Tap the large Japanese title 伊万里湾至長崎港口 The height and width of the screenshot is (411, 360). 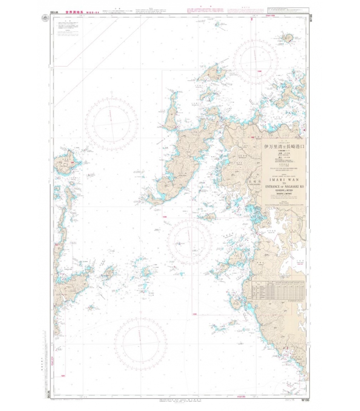click(x=284, y=146)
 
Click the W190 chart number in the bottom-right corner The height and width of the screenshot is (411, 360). click(x=304, y=400)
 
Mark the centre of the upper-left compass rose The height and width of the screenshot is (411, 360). click(x=112, y=123)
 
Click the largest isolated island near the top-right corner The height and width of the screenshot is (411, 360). click(x=285, y=38)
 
